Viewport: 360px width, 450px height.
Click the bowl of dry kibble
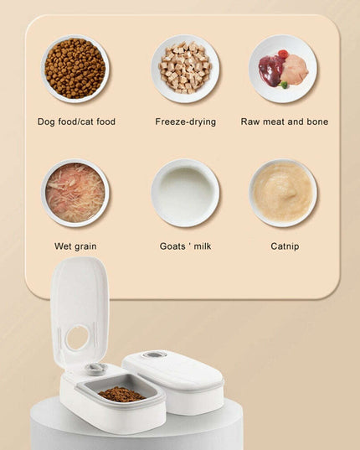(75, 69)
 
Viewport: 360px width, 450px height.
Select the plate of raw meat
(283, 69)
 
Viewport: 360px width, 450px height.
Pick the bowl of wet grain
(75, 193)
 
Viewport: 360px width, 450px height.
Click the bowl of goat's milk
(185, 193)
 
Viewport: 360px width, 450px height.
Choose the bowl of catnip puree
(283, 193)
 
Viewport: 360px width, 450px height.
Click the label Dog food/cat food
(76, 122)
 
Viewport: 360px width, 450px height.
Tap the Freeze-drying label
(185, 122)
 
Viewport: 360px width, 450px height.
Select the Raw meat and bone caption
(284, 122)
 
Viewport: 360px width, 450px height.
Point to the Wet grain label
(75, 246)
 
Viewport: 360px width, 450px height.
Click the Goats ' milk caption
(185, 246)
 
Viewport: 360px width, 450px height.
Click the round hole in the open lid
(77, 338)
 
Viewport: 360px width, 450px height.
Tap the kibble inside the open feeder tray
(121, 394)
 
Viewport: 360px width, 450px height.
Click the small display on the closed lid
(153, 355)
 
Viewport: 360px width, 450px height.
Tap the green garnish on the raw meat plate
(284, 85)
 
